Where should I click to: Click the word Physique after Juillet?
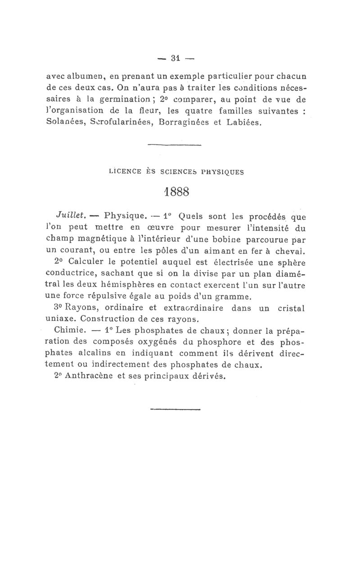[125, 215]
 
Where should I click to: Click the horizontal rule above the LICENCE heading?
[175, 145]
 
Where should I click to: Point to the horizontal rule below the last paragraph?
[175, 409]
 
